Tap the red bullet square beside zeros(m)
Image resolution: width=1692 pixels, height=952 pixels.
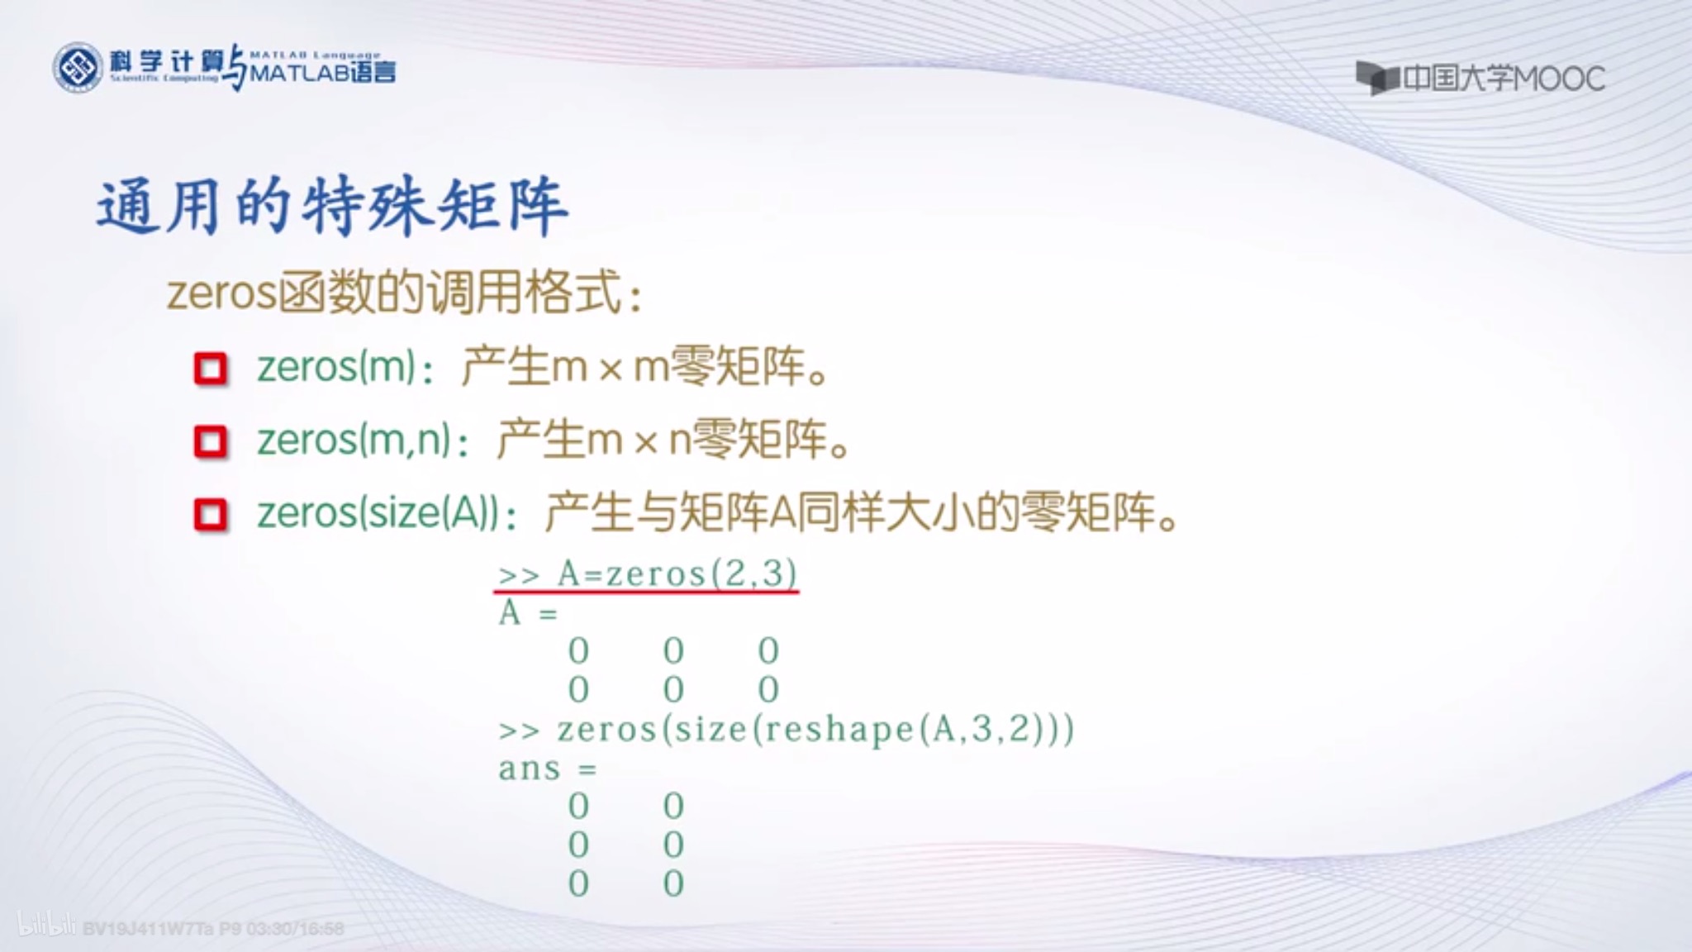point(211,369)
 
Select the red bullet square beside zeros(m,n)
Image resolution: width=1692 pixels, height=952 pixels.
point(211,441)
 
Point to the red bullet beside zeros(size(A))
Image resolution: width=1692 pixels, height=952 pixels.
point(211,514)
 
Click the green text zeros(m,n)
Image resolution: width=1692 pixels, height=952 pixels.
point(354,440)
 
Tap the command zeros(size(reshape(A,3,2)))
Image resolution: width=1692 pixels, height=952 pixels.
point(815,730)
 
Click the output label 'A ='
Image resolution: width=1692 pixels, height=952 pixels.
point(528,613)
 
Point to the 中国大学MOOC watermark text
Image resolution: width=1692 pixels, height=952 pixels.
point(1504,79)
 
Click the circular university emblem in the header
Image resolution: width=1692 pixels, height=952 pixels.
point(78,68)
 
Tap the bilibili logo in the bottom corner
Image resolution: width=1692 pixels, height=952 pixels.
point(46,926)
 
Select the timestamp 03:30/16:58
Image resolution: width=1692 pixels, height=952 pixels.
point(295,929)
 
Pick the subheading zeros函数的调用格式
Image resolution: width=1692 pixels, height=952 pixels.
point(404,293)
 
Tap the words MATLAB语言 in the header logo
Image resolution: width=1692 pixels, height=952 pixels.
point(322,73)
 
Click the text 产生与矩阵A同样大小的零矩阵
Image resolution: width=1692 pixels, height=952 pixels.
point(859,513)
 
